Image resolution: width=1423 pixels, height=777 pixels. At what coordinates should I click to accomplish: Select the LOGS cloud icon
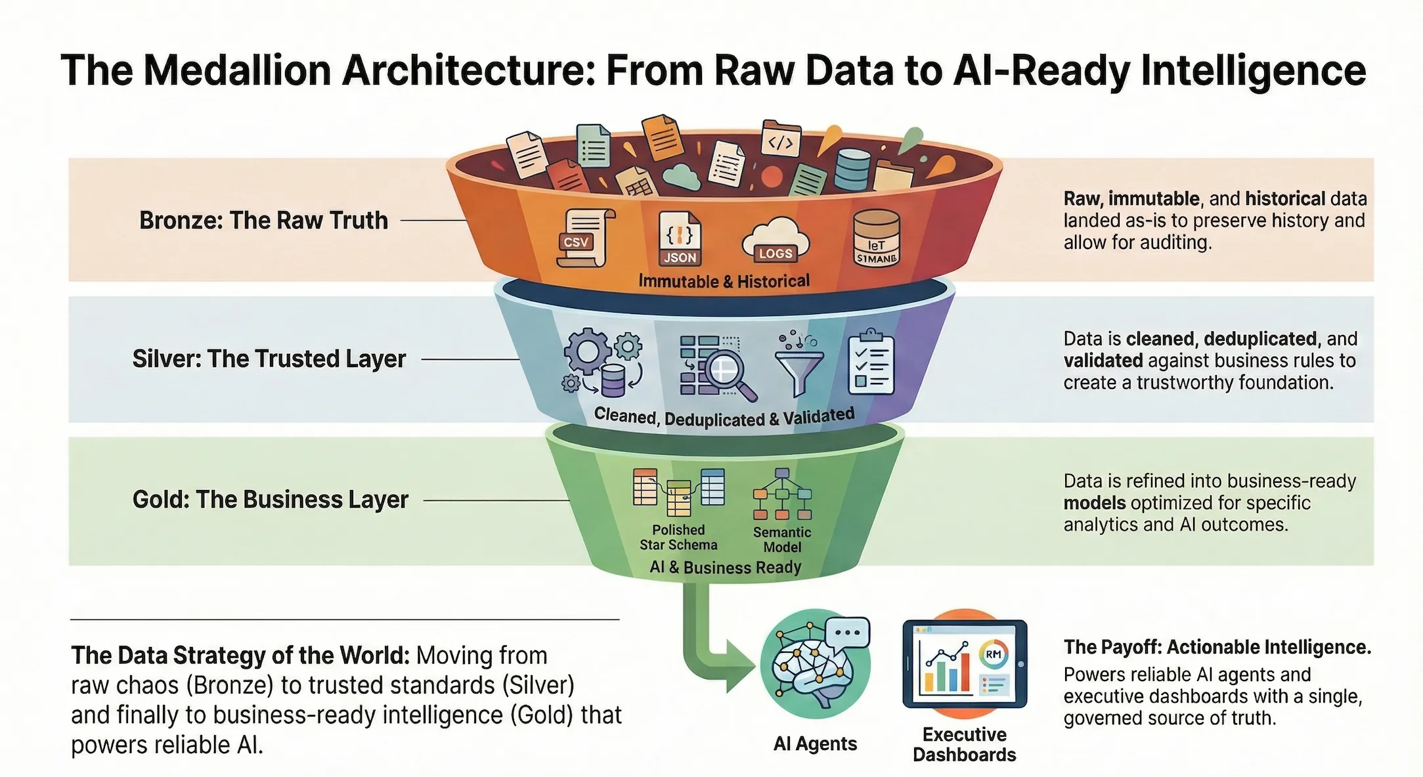coord(775,240)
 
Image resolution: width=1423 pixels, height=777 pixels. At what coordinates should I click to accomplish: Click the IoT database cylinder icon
coord(876,238)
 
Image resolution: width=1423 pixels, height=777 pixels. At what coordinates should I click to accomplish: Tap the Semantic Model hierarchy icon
coord(781,495)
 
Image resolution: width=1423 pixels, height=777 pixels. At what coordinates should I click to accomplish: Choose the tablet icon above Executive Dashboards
coord(964,664)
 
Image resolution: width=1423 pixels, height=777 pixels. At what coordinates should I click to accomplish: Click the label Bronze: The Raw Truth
coord(263,221)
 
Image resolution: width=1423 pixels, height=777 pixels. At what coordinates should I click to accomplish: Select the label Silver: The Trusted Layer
coord(269,359)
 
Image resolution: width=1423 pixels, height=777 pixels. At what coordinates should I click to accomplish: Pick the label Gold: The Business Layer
coord(270,500)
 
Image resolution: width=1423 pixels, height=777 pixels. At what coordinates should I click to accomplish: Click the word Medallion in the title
coord(237,71)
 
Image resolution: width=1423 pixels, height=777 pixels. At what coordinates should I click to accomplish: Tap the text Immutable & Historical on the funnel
coord(724,282)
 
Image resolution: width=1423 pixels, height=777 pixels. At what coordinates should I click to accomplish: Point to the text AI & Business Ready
coord(725,567)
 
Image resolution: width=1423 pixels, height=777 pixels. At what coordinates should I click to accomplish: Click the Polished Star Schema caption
coord(678,537)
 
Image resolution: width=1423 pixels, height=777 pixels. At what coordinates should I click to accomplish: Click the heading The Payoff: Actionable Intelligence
coord(1217,648)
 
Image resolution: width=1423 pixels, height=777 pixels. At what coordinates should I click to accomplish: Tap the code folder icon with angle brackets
coord(780,140)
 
